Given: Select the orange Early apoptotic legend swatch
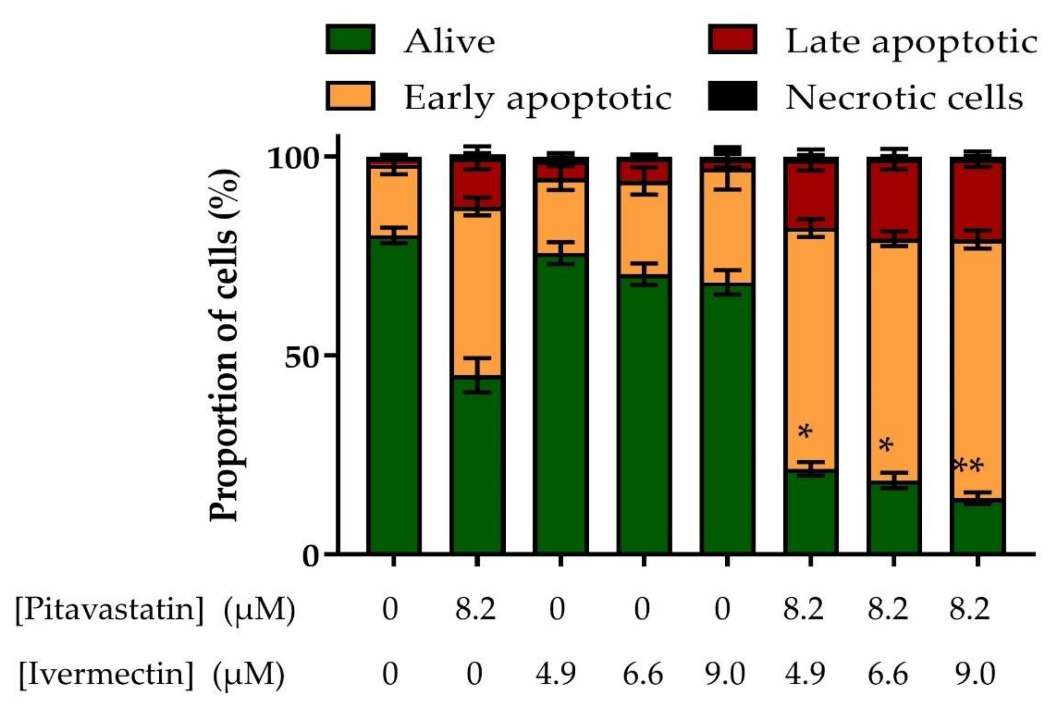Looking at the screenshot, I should (350, 96).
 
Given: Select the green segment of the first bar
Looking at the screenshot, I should (394, 396).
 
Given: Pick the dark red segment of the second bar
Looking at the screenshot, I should (477, 184).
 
